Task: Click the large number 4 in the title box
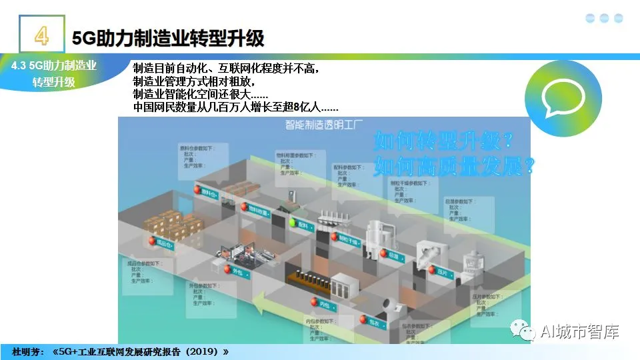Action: pyautogui.click(x=41, y=35)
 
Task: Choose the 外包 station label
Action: pyautogui.click(x=237, y=271)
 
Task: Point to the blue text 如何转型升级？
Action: pyautogui.click(x=444, y=141)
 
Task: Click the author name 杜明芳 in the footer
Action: pyautogui.click(x=27, y=351)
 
